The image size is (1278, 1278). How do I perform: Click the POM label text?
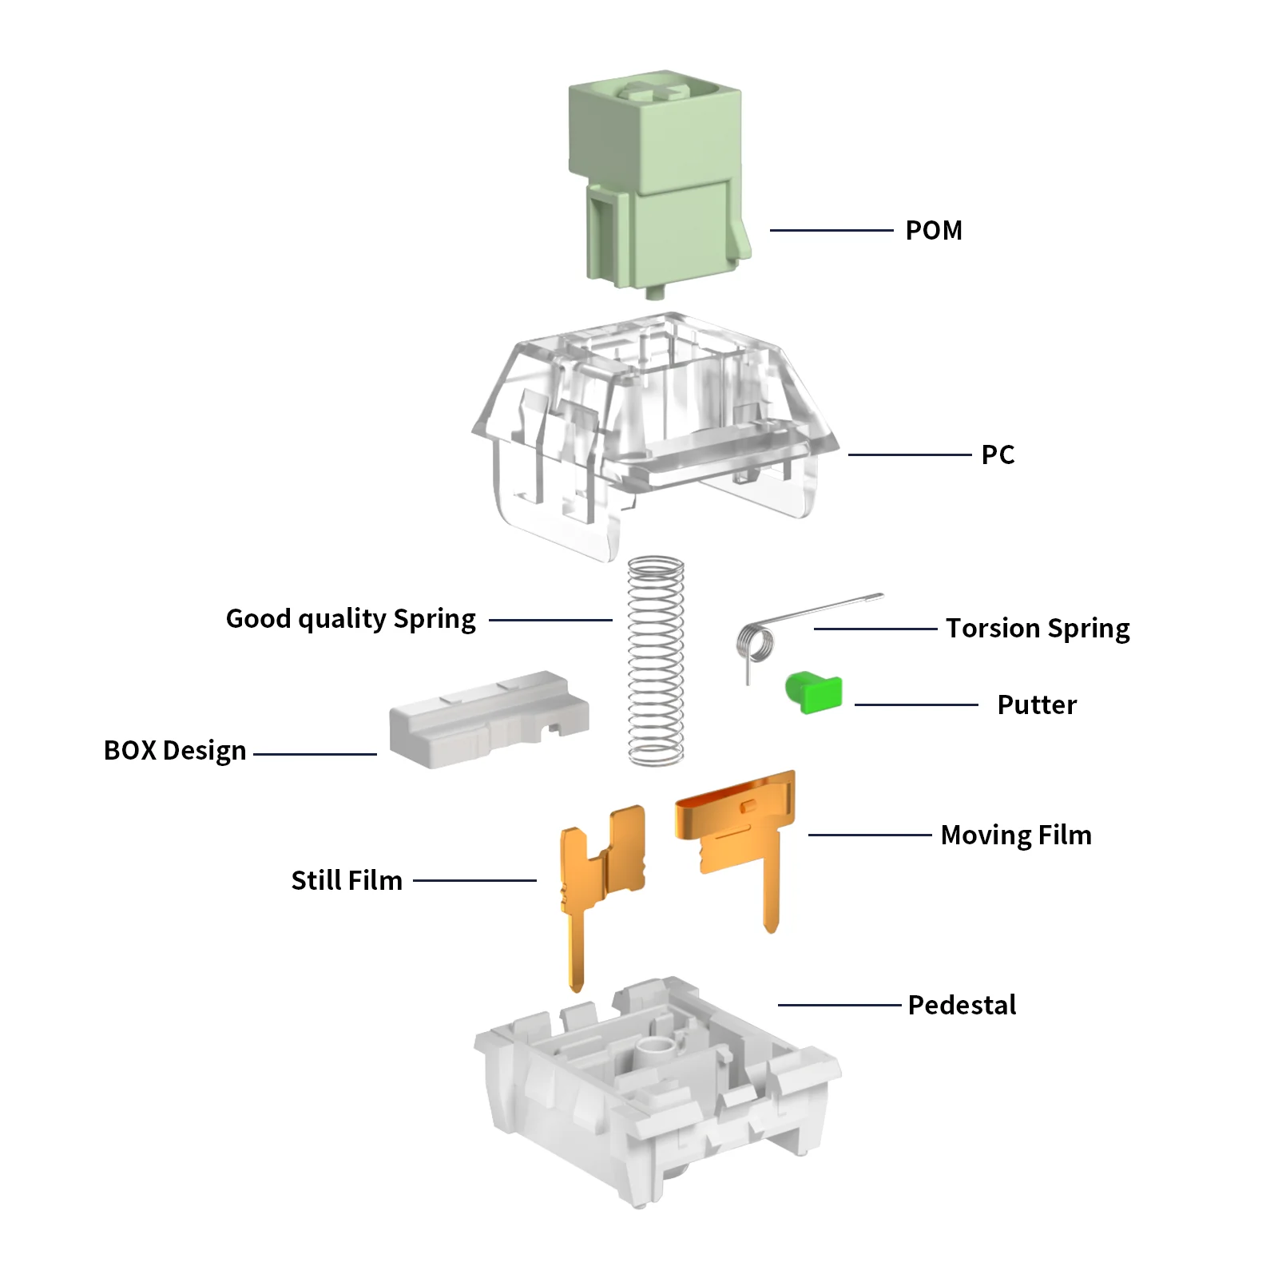click(934, 231)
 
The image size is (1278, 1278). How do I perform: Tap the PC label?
click(998, 455)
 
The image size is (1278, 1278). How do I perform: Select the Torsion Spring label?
click(1038, 629)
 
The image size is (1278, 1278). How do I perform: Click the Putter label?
click(1037, 705)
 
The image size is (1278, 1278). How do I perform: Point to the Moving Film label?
click(1016, 835)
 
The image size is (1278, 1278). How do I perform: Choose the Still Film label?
click(347, 881)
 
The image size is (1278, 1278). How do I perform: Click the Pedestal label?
click(962, 1006)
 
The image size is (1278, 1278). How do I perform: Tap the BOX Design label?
click(175, 752)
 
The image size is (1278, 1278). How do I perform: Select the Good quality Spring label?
click(351, 620)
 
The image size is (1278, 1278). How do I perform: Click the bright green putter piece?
click(814, 692)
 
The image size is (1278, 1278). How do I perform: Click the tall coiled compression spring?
click(656, 661)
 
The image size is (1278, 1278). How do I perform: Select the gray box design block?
click(489, 720)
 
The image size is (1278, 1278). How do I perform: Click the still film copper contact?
click(601, 887)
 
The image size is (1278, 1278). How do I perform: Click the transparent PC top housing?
click(655, 435)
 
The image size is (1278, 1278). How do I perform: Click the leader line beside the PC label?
click(910, 455)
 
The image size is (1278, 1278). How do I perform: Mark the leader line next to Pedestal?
click(839, 1005)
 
